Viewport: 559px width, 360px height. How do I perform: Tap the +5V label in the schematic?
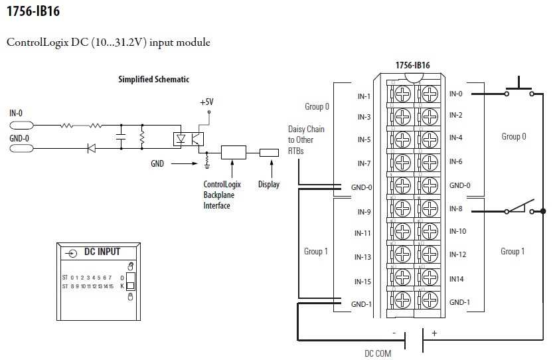coord(207,102)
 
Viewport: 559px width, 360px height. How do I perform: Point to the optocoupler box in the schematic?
coord(188,137)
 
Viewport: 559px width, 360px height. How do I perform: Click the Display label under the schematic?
coord(269,185)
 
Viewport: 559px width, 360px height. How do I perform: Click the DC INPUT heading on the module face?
coord(102,252)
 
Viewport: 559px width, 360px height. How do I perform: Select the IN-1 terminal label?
coord(363,96)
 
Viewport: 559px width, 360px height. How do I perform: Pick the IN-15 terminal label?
coord(362,282)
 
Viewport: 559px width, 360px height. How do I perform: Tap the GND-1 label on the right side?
coord(459,302)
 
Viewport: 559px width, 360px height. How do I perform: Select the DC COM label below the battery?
coord(378,353)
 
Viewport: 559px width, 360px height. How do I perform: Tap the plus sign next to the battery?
coord(435,333)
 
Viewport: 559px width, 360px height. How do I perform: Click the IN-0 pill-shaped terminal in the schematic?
coord(21,125)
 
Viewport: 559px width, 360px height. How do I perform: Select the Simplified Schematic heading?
coord(153,79)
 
